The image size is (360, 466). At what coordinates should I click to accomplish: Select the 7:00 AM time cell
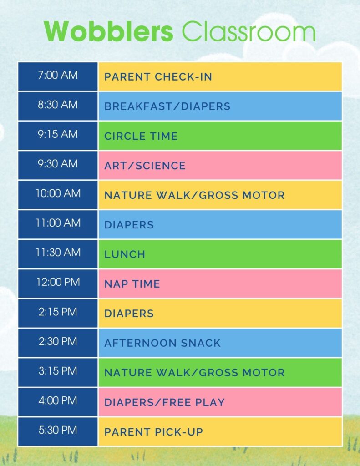tap(58, 75)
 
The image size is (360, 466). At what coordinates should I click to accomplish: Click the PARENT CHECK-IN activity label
tap(158, 76)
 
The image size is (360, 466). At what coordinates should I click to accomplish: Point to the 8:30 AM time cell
tap(58, 105)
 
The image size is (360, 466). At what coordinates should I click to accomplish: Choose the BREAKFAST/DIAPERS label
tap(167, 106)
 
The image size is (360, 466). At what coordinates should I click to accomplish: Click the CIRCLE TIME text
tap(141, 136)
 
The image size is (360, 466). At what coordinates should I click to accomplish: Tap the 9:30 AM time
tap(58, 164)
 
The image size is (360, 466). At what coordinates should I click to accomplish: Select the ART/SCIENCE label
tap(145, 166)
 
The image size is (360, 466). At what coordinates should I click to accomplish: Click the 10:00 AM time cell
tap(58, 193)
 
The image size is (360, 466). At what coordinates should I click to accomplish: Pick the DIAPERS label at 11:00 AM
tap(129, 225)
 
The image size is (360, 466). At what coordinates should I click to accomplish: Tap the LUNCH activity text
tap(125, 254)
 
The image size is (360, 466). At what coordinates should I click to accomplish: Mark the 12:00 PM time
tap(58, 282)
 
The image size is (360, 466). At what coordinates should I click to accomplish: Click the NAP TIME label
tap(132, 284)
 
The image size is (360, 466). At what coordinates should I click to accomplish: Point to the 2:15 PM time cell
tap(58, 312)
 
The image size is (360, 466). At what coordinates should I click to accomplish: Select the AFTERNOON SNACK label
tap(162, 343)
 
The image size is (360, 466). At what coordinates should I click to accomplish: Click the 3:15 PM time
tap(58, 371)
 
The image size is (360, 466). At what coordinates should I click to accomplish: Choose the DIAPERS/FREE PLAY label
tap(164, 402)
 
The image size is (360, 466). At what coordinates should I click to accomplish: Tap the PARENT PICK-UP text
tap(153, 432)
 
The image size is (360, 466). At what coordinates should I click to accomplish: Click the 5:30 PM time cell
tap(58, 430)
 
